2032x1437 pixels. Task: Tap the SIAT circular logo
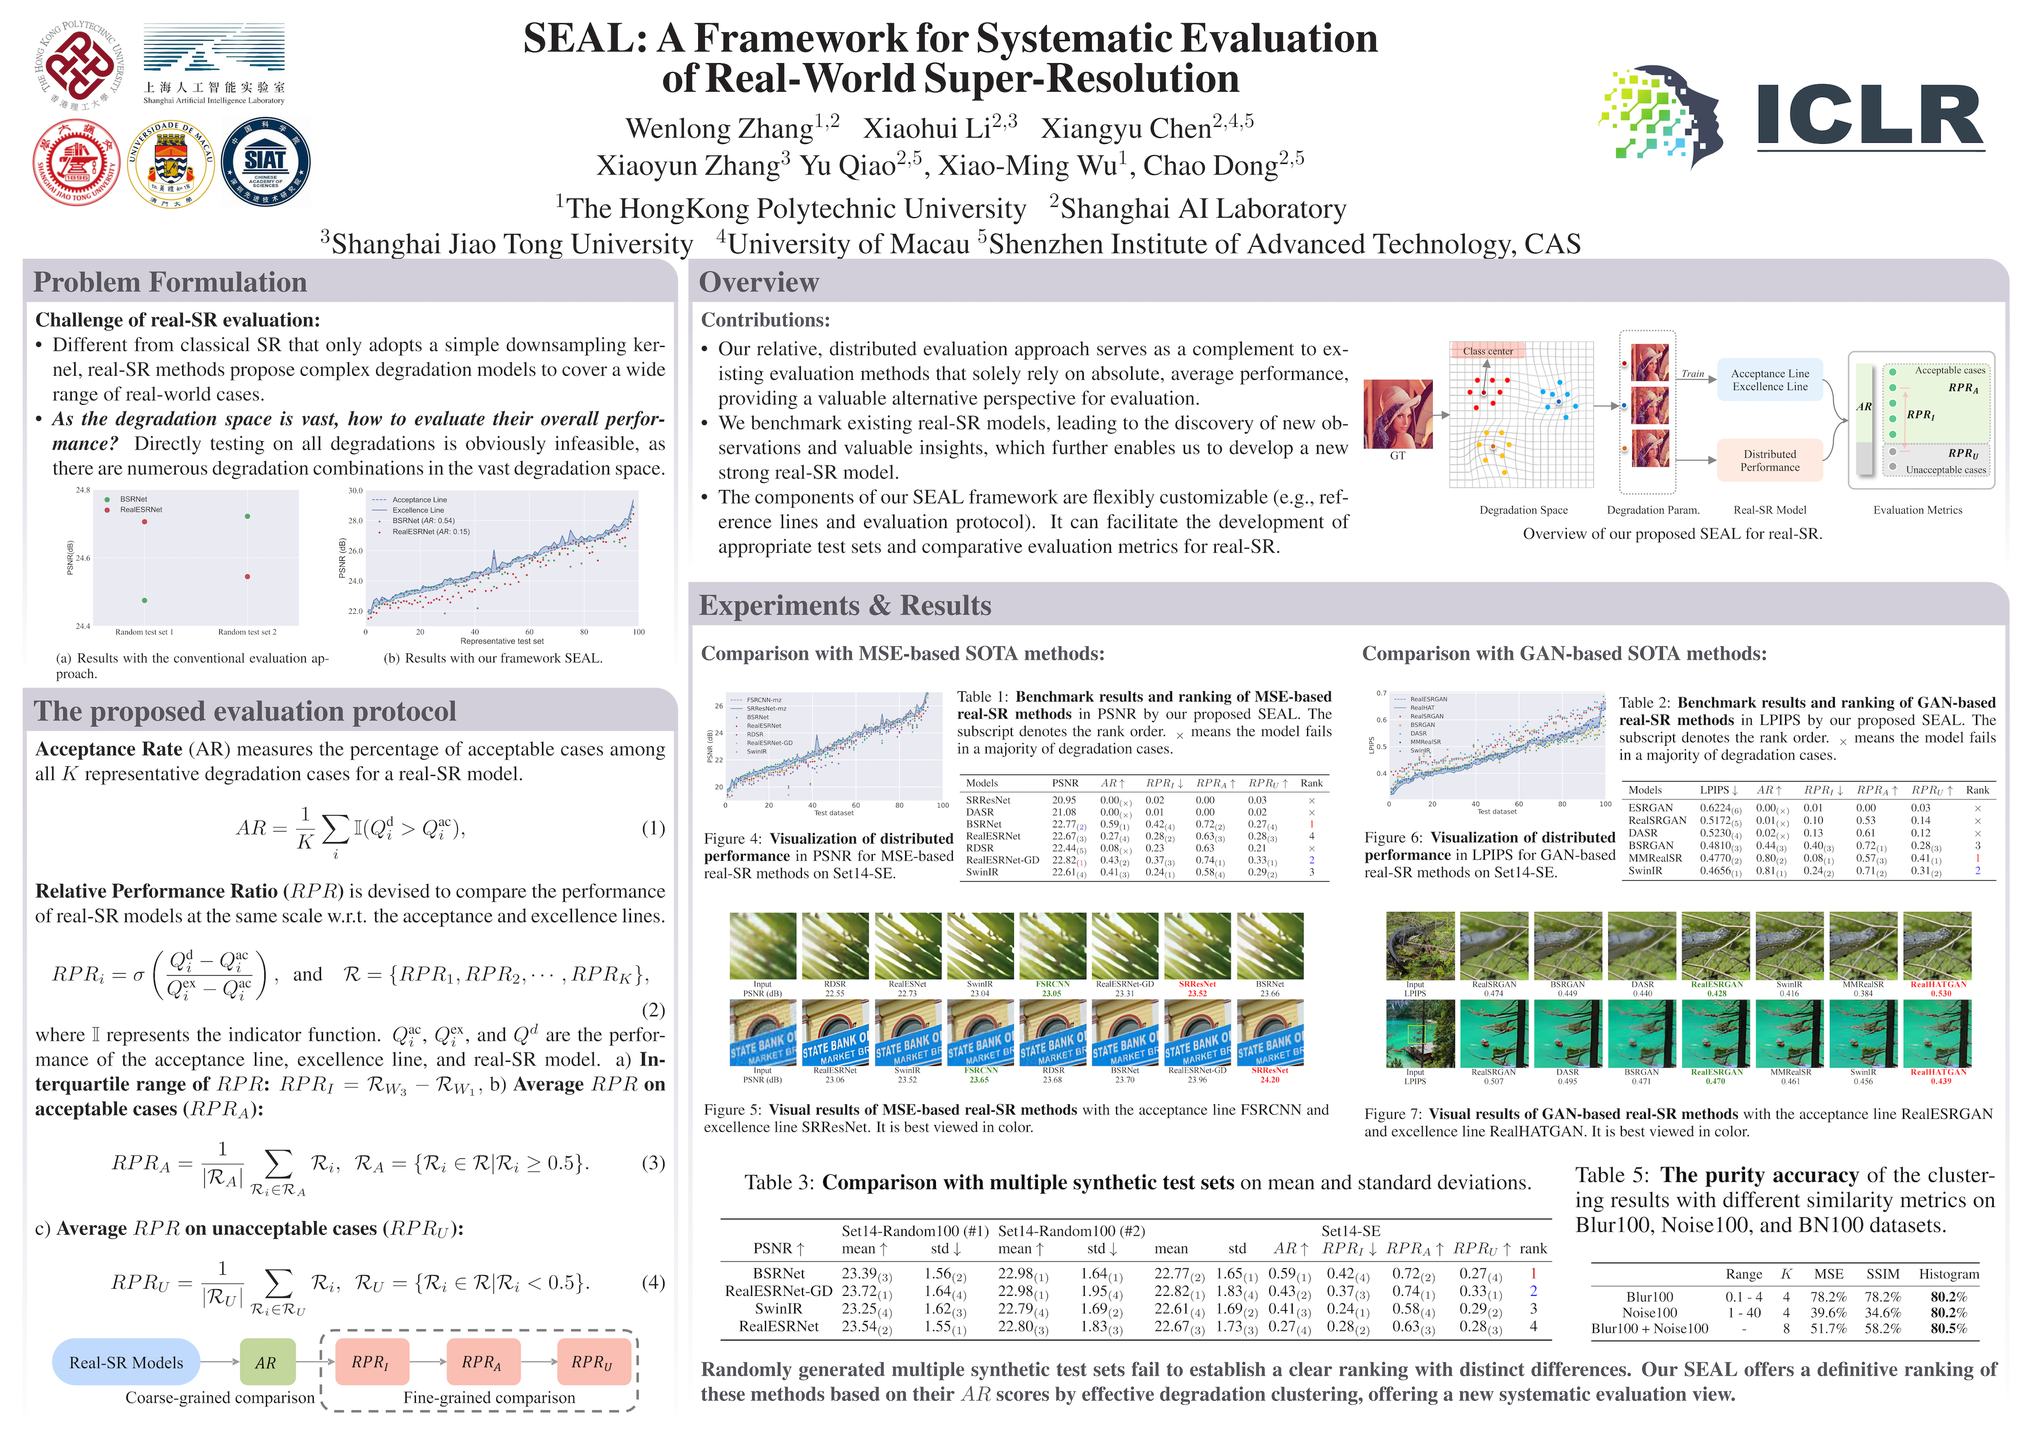coord(265,163)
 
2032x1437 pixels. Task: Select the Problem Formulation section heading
coord(170,282)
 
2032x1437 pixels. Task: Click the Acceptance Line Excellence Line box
coord(1770,380)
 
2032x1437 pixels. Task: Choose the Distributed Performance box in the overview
coord(1770,460)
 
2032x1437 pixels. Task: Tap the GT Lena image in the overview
coord(1397,414)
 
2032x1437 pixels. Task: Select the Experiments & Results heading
coord(845,605)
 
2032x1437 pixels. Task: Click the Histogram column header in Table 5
coord(1948,1274)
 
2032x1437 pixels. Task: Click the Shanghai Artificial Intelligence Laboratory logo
coord(214,64)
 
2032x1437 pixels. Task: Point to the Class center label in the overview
coord(1488,351)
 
